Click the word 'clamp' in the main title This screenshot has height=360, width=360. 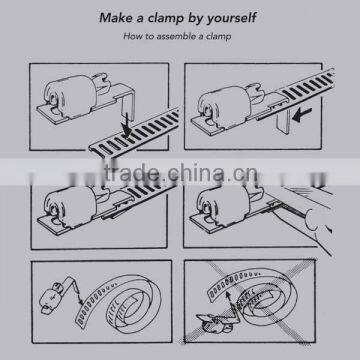(161, 18)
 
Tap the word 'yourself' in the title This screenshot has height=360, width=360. (232, 19)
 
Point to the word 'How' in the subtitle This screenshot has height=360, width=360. (130, 36)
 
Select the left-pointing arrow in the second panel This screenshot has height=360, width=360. (302, 114)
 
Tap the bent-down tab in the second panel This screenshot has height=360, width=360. (284, 122)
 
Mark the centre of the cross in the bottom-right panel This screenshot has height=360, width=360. (249, 301)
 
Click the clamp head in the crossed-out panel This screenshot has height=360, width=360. (213, 322)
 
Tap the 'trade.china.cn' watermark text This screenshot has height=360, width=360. (180, 172)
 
